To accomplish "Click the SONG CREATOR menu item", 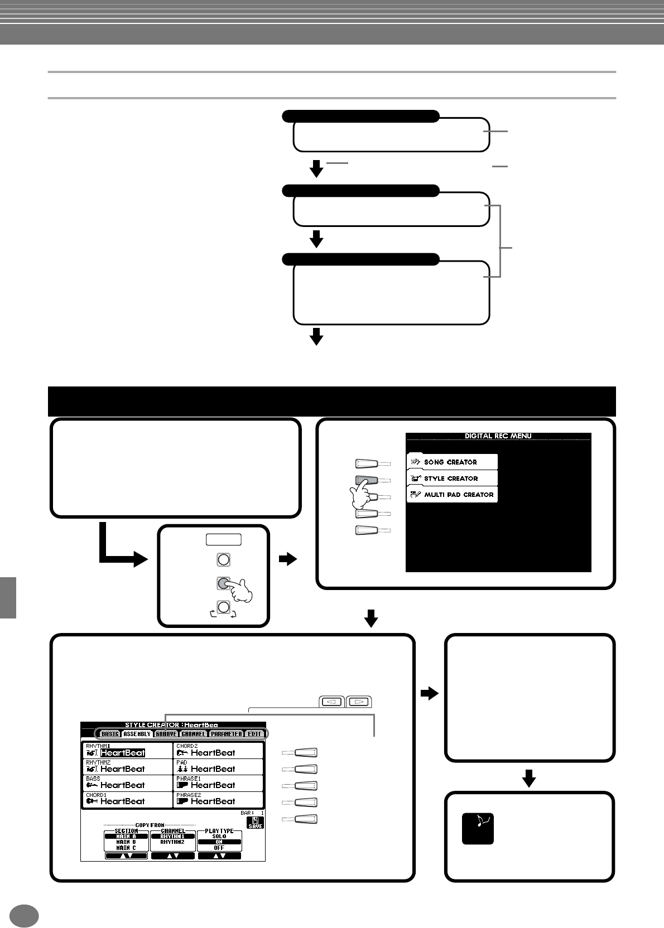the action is pos(451,462).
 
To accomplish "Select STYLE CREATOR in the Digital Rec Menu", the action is pos(451,478).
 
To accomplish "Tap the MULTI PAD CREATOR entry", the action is pos(458,495).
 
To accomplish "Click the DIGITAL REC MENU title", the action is pos(498,436).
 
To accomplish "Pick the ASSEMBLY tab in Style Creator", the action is pos(137,734).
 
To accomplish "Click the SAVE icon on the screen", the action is pos(256,823).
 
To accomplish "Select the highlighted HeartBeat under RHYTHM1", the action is pos(122,753).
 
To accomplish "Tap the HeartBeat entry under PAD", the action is pos(213,769).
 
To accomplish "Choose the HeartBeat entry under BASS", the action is pos(122,785).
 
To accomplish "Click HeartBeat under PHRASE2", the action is pos(213,801).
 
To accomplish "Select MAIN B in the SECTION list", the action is pos(126,842).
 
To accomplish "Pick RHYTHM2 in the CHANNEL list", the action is pos(172,842).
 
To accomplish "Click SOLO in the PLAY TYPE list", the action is pos(219,837).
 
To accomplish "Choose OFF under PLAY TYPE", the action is pos(219,848).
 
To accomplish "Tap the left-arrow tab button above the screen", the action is pos(332,702).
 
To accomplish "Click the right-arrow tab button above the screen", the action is pos(359,702).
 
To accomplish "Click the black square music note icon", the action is pos(478,828).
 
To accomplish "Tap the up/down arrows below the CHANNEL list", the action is pos(172,855).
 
